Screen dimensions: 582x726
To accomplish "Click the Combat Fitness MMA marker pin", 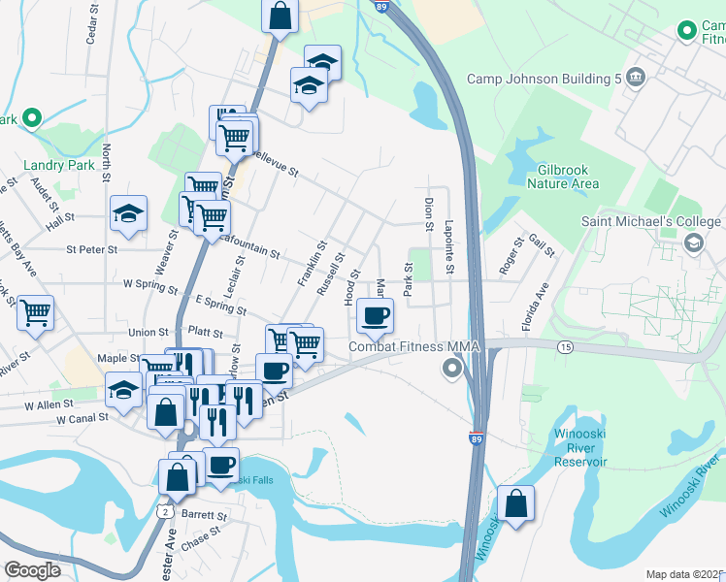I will pyautogui.click(x=451, y=368).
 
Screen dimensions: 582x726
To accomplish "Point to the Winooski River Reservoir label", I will pyautogui.click(x=580, y=447).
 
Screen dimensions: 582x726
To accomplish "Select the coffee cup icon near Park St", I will pyautogui.click(x=376, y=314).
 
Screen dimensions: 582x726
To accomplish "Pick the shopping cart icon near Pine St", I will pyautogui.click(x=35, y=313).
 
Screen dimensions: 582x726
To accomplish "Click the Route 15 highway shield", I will pyautogui.click(x=564, y=346).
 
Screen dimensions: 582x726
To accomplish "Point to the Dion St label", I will pyautogui.click(x=428, y=214).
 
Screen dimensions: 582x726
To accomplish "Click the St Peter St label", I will pyautogui.click(x=91, y=249).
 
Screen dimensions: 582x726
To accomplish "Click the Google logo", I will pyautogui.click(x=33, y=570).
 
